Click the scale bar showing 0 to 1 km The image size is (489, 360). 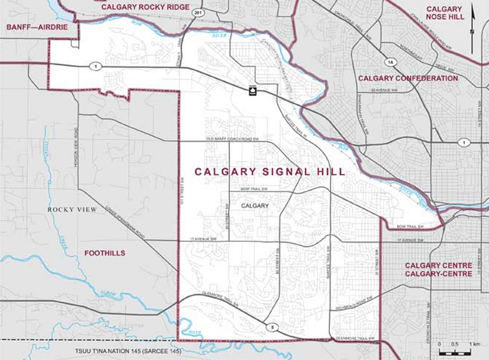tap(457, 350)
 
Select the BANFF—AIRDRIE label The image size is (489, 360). tap(37, 28)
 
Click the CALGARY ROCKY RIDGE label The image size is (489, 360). tap(145, 7)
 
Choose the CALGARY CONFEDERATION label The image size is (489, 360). tap(408, 79)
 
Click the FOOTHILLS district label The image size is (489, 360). tap(105, 253)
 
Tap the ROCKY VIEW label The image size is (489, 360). tap(72, 210)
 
